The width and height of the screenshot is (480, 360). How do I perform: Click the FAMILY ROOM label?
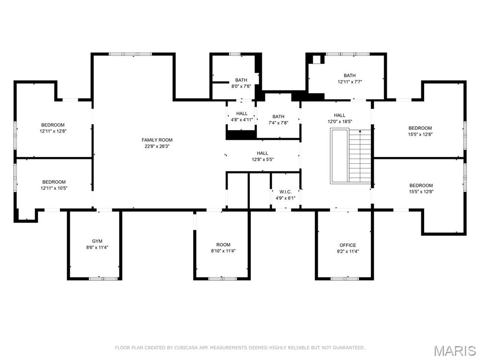[157, 140]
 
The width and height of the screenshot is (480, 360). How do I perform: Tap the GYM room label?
[97, 241]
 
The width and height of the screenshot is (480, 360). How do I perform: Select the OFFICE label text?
[347, 245]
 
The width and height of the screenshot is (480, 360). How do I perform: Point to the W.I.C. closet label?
[285, 192]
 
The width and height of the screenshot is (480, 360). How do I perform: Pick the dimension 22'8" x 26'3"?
[157, 146]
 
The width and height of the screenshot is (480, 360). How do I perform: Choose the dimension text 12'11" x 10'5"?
[53, 188]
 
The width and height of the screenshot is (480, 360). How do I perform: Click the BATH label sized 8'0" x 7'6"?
[241, 80]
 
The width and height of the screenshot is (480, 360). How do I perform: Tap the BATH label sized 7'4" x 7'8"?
[278, 117]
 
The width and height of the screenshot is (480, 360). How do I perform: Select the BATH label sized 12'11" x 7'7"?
[350, 75]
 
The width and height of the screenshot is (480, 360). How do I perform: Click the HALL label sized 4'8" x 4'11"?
[242, 113]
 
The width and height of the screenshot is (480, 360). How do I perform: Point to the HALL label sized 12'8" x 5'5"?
[262, 153]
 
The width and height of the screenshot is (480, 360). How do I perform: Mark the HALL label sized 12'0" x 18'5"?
[339, 115]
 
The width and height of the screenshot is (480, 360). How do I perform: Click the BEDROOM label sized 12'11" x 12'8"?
[52, 125]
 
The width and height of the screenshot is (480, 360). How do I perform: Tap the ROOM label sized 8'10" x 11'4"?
[223, 245]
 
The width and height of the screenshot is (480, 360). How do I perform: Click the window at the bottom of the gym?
[103, 278]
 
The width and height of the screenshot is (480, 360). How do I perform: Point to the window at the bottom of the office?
[344, 278]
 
